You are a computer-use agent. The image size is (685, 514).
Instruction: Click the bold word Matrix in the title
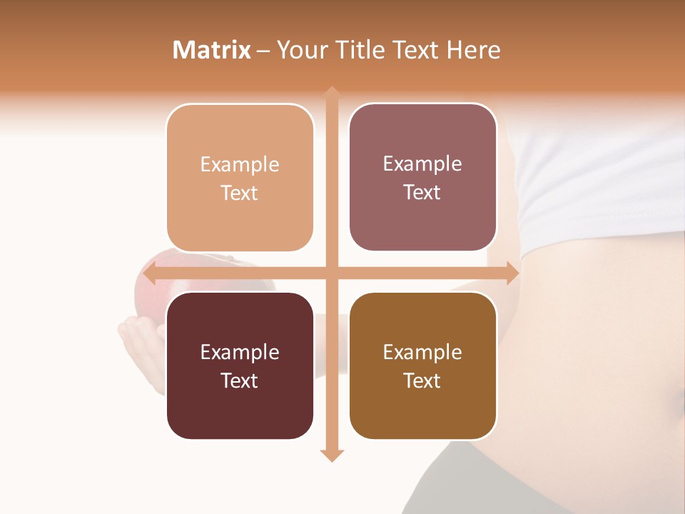pos(211,50)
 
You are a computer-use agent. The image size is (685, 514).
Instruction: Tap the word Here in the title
pos(473,50)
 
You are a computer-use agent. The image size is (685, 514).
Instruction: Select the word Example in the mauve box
pos(422,164)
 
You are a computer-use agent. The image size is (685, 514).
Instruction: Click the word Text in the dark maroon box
pos(240,381)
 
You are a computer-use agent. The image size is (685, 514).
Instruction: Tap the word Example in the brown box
pos(422,352)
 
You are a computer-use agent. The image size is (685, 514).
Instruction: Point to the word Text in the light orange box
pos(240,193)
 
